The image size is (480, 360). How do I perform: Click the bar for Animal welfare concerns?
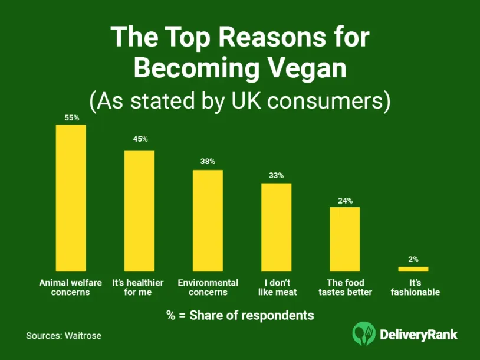(71, 198)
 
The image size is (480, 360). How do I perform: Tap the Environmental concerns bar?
(208, 220)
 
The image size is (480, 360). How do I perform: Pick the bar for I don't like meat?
(277, 227)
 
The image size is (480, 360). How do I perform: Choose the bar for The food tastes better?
(345, 238)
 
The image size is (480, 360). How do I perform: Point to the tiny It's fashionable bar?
(413, 269)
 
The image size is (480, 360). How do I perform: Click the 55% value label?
(71, 118)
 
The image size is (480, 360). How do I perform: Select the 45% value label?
(140, 139)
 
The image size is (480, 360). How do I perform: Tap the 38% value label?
(208, 161)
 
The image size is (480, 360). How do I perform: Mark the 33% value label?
(277, 175)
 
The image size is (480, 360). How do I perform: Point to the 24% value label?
(345, 201)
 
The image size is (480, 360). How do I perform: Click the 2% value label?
(413, 258)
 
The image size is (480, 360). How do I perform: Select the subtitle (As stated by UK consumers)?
(240, 100)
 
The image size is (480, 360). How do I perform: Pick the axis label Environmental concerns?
(208, 287)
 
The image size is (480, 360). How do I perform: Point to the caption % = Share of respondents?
(240, 315)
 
